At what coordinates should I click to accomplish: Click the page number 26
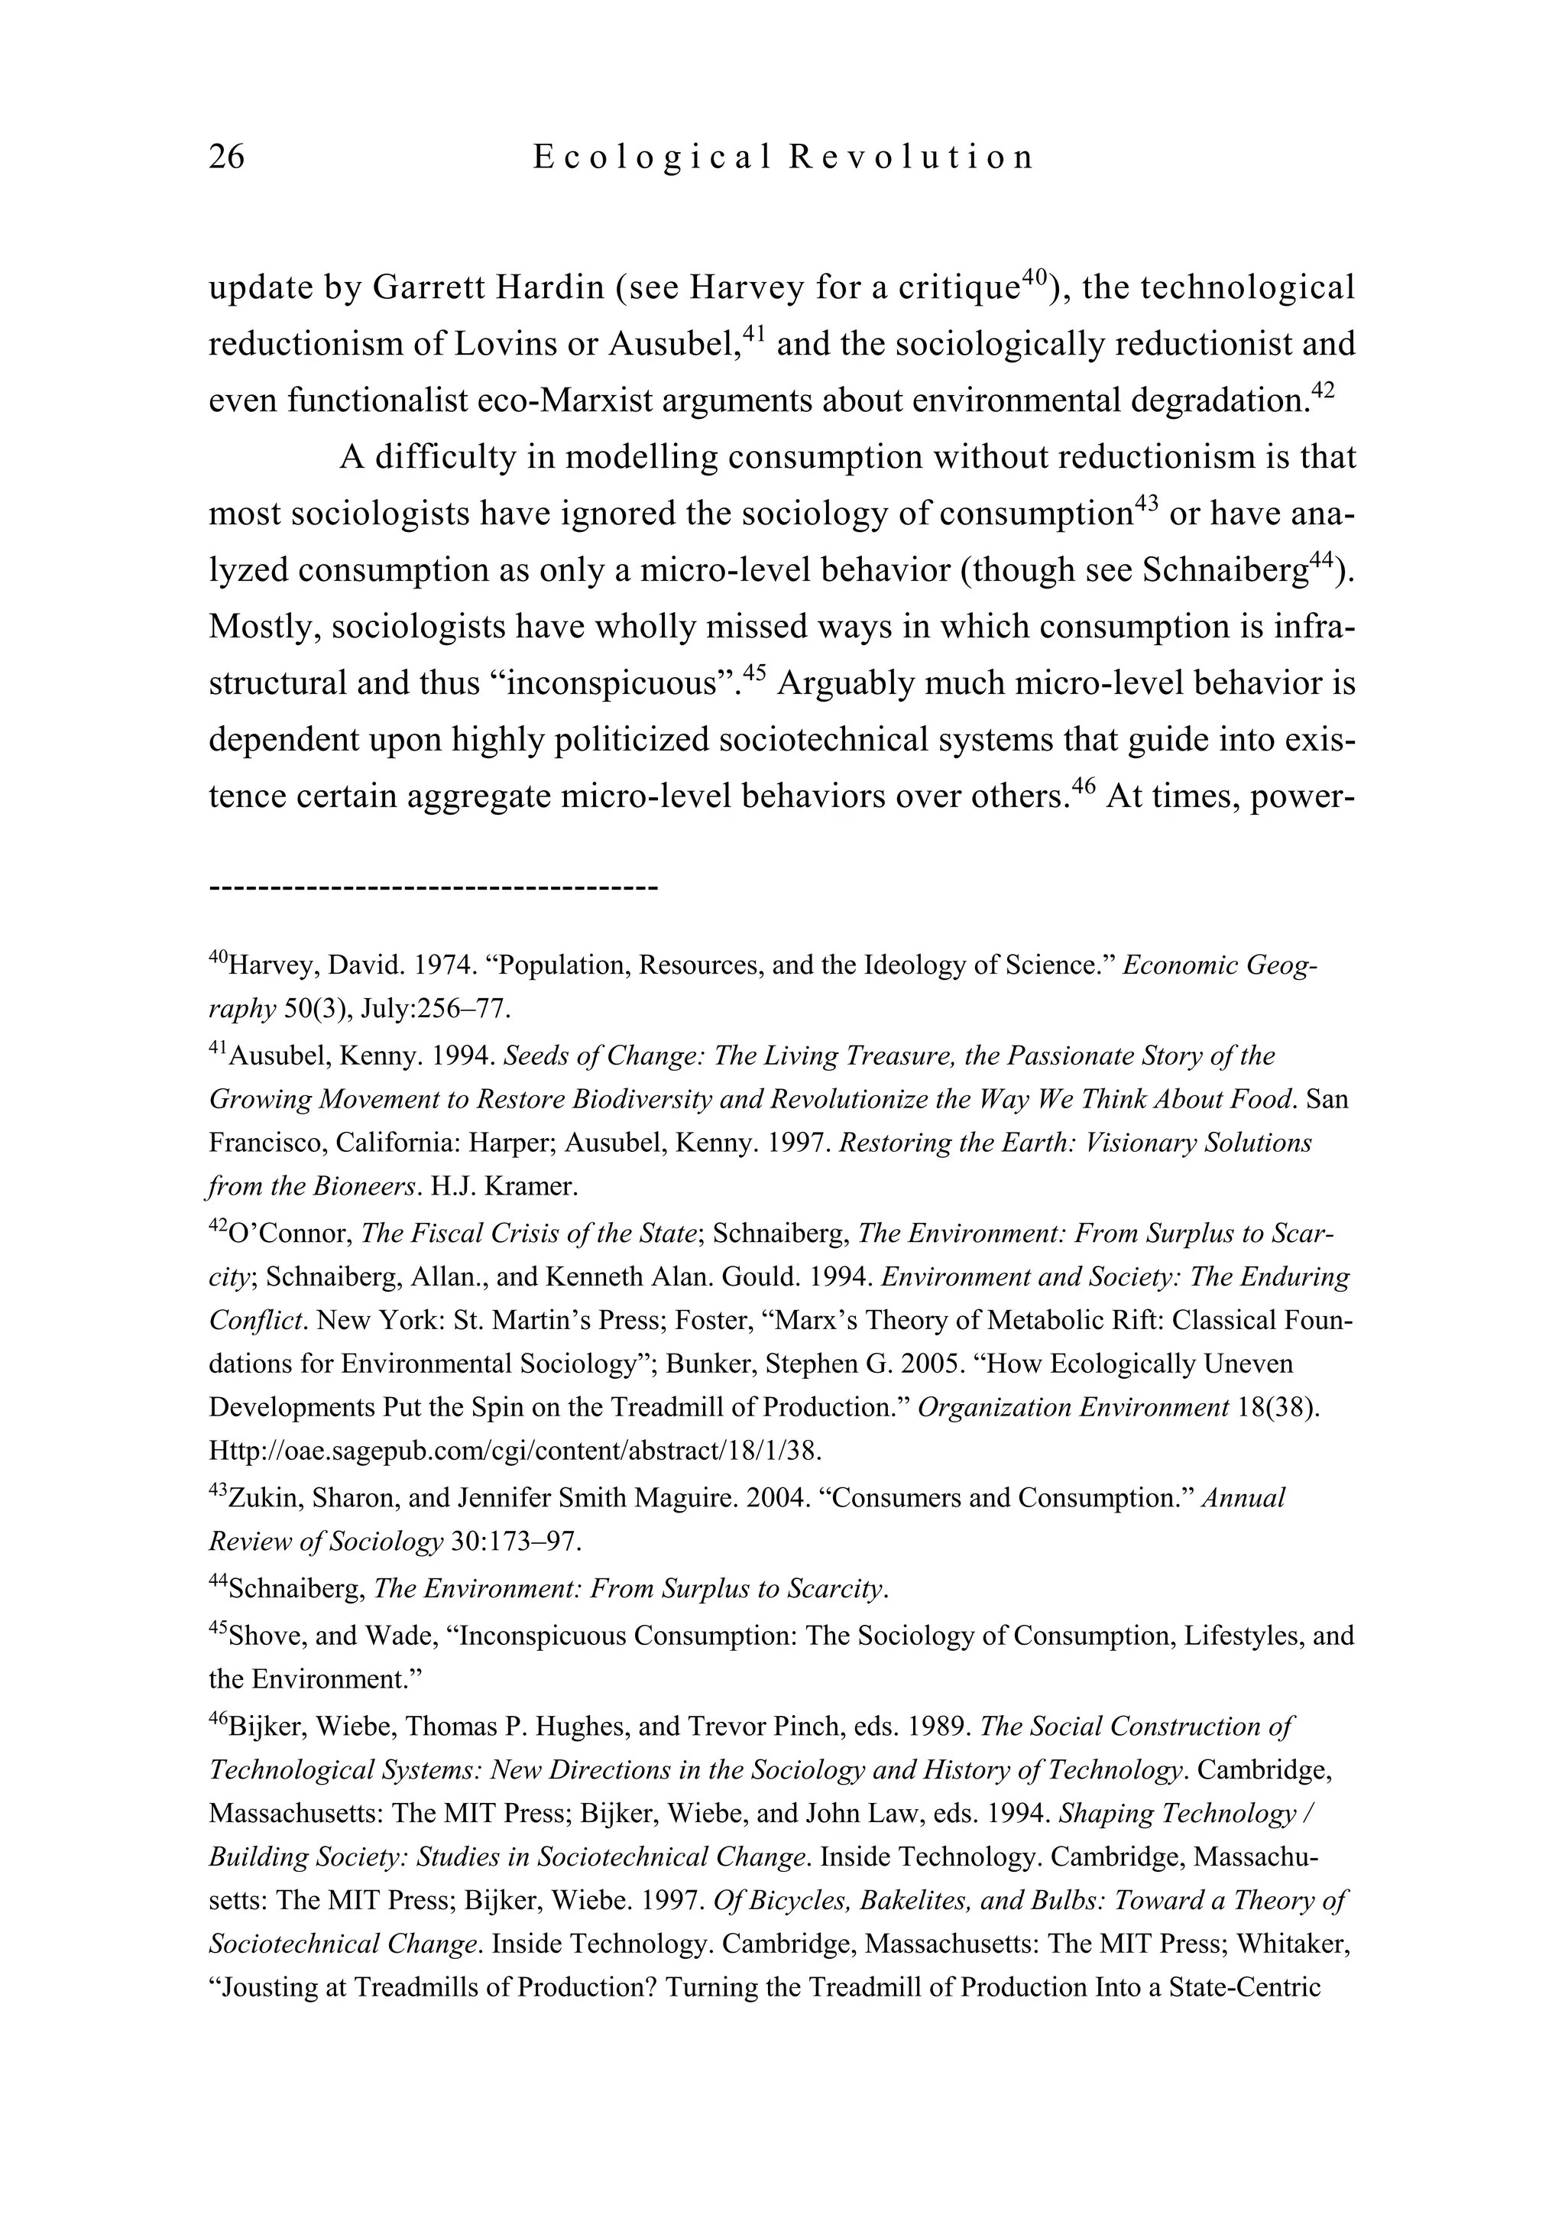(x=227, y=157)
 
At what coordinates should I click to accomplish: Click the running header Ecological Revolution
(x=783, y=157)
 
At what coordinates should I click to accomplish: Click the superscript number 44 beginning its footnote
(x=219, y=1581)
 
